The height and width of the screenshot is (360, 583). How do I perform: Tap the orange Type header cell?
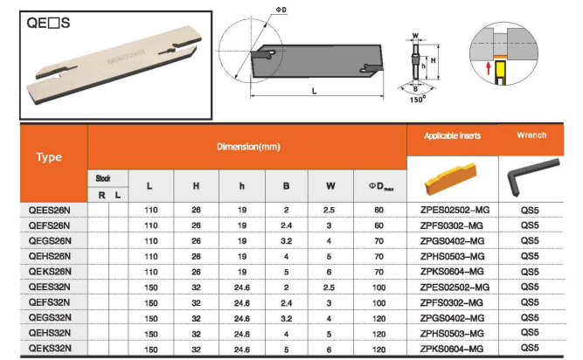click(x=49, y=158)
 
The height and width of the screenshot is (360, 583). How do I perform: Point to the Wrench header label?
click(x=531, y=135)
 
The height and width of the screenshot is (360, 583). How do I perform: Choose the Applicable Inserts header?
click(x=452, y=135)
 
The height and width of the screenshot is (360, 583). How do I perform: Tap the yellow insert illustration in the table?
click(x=452, y=179)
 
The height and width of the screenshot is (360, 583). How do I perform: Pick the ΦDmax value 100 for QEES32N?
click(x=379, y=286)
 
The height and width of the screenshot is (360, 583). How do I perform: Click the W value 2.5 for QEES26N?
click(x=330, y=211)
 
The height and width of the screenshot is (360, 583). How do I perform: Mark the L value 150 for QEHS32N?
click(x=149, y=333)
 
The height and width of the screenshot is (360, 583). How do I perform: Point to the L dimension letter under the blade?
click(x=313, y=92)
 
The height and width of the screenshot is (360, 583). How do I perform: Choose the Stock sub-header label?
click(x=102, y=178)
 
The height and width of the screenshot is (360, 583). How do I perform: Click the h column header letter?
click(x=239, y=186)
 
